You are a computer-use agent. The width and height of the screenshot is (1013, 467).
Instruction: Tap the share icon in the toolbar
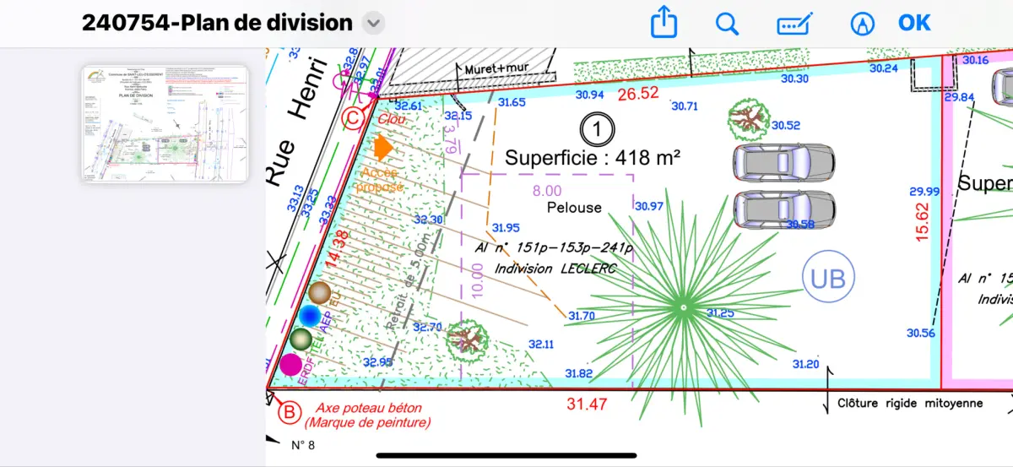click(664, 23)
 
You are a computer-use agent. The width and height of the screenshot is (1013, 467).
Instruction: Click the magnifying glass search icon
click(727, 23)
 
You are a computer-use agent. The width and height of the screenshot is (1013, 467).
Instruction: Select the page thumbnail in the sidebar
click(165, 123)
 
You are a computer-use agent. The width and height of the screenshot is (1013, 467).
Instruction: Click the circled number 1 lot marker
click(598, 129)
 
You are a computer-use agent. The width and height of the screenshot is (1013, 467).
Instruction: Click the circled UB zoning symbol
click(828, 277)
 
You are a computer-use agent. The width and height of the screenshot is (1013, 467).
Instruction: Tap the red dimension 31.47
click(587, 405)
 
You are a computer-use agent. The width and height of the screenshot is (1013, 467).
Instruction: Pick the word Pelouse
click(574, 207)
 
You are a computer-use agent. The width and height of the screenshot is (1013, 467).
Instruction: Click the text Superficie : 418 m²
click(593, 157)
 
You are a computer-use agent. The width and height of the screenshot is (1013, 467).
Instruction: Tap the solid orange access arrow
click(384, 149)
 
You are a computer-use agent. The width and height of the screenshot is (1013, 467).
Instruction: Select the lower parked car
click(783, 209)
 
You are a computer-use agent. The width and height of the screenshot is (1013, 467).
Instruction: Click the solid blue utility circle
click(310, 316)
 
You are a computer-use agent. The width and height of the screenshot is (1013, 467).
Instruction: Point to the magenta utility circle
click(291, 365)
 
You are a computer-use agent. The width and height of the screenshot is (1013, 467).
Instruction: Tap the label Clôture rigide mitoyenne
click(910, 404)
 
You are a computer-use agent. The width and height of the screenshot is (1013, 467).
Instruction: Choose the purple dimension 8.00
click(547, 192)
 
